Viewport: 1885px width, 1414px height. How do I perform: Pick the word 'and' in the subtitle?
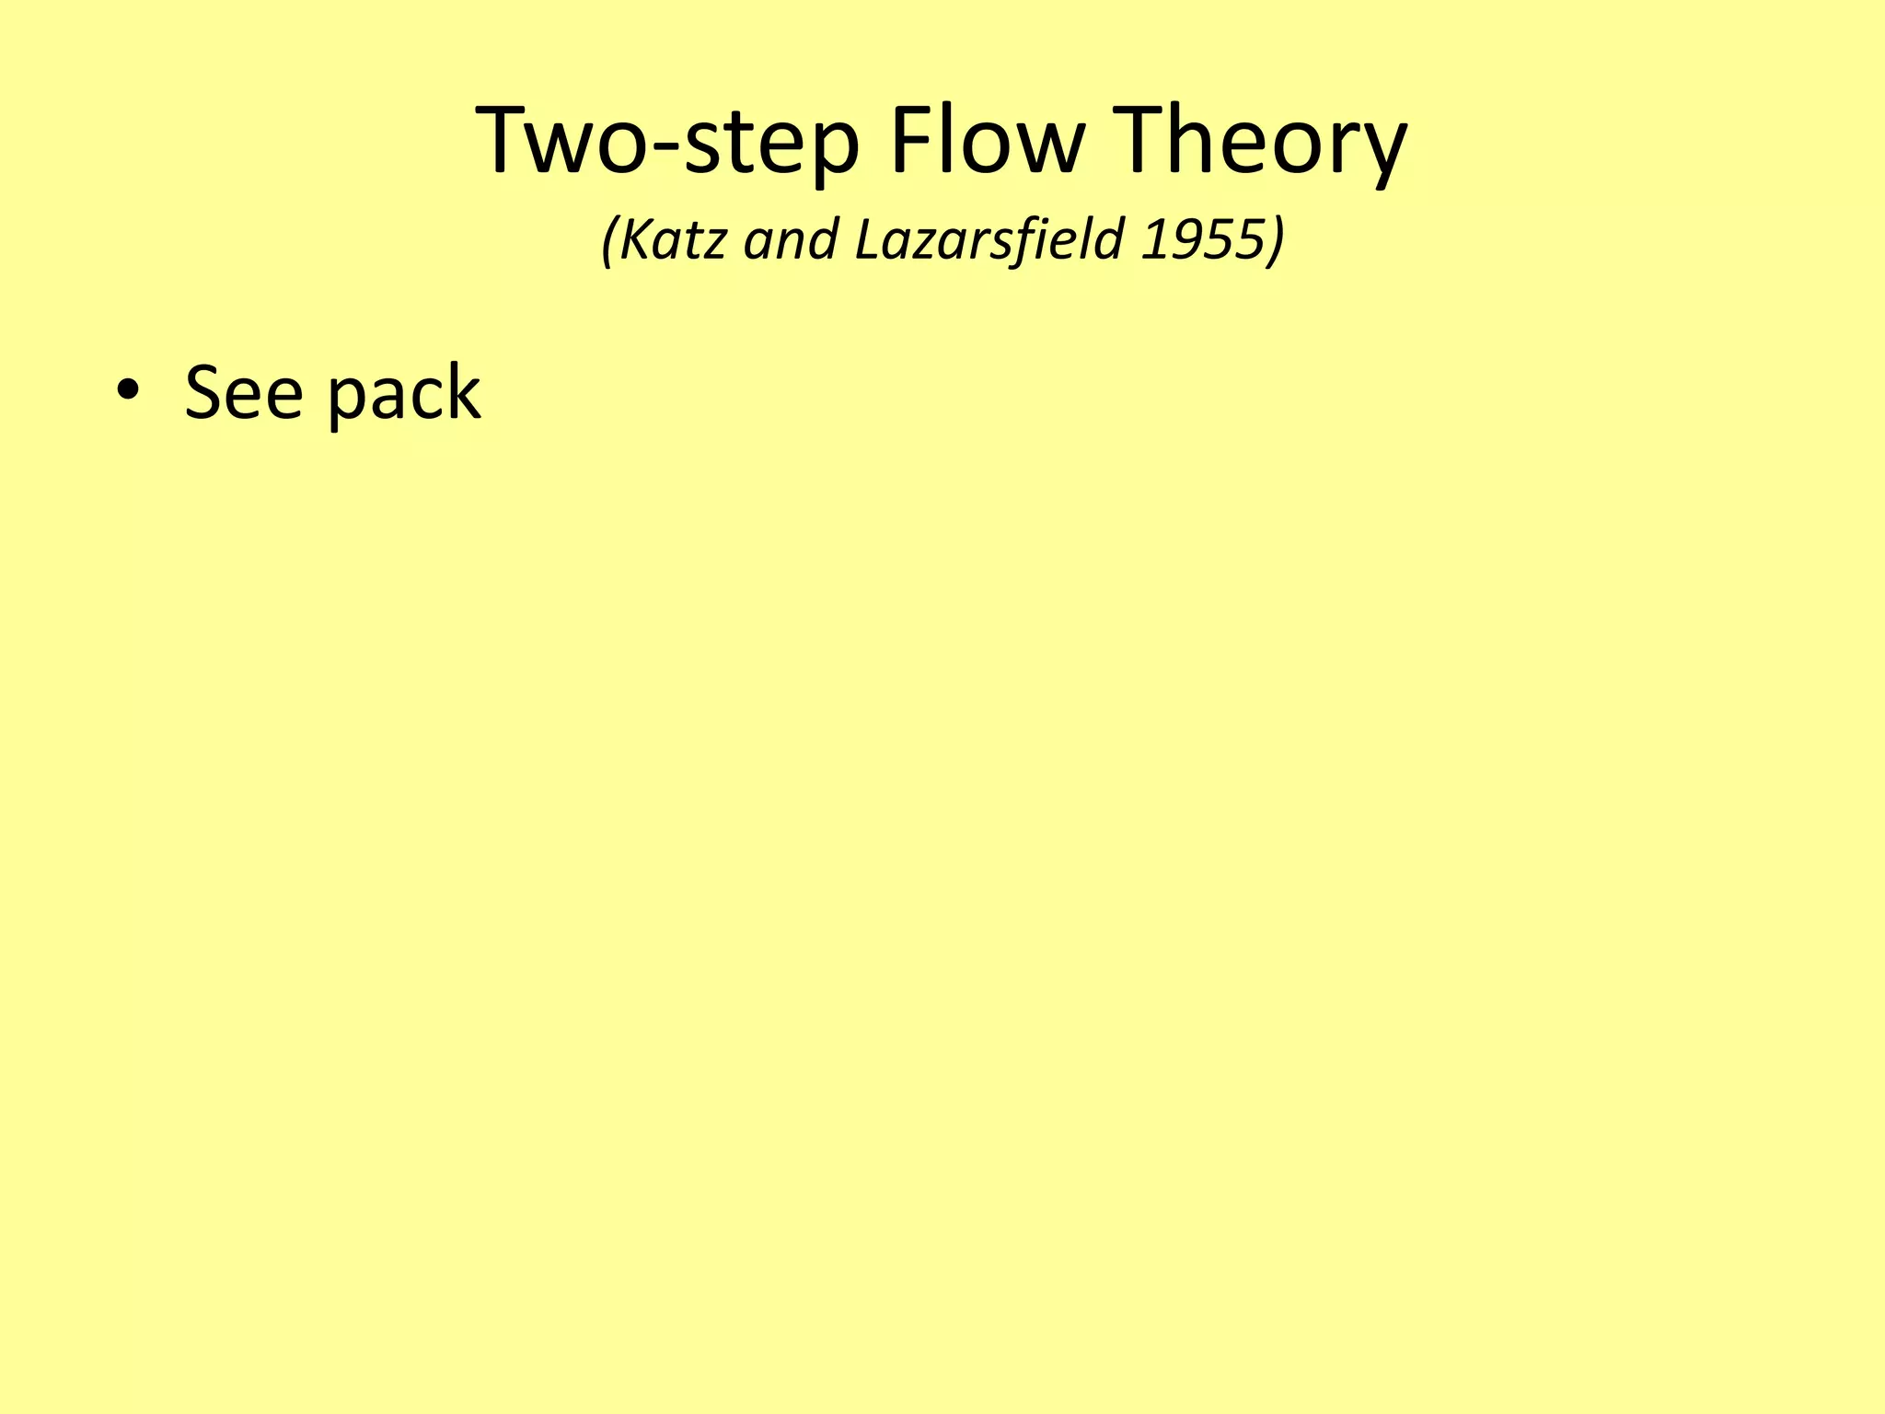tap(791, 239)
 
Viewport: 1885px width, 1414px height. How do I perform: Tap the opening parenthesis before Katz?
tap(607, 241)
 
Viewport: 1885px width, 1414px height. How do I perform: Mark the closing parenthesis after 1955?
tap(1275, 241)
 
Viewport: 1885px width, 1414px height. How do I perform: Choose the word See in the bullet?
tap(243, 392)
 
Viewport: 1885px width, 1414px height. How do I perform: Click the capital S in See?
tap(203, 392)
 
